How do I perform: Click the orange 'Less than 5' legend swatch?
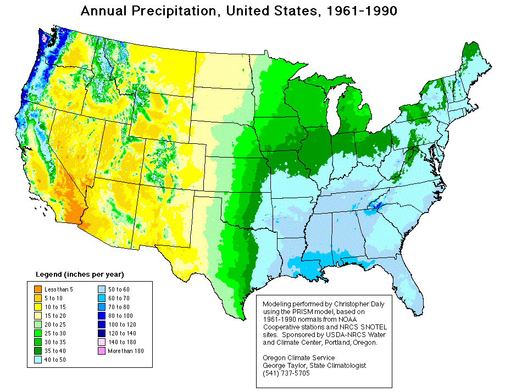37,289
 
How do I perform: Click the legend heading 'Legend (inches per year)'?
80,274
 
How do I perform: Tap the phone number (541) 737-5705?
286,373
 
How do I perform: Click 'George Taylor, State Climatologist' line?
315,366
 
